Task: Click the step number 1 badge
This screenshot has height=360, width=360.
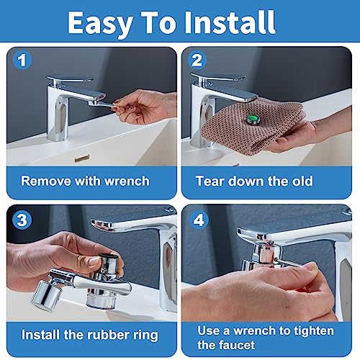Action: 22,60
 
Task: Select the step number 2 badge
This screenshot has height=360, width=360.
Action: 197,60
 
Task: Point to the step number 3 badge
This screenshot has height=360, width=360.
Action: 22,220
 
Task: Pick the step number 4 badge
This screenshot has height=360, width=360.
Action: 199,220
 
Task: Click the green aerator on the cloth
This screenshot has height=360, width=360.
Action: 252,119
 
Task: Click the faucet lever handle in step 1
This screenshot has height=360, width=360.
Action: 71,78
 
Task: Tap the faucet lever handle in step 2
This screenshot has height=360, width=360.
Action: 218,77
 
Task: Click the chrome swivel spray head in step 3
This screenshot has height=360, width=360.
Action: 45,295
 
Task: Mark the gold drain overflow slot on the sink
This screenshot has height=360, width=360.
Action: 82,158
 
